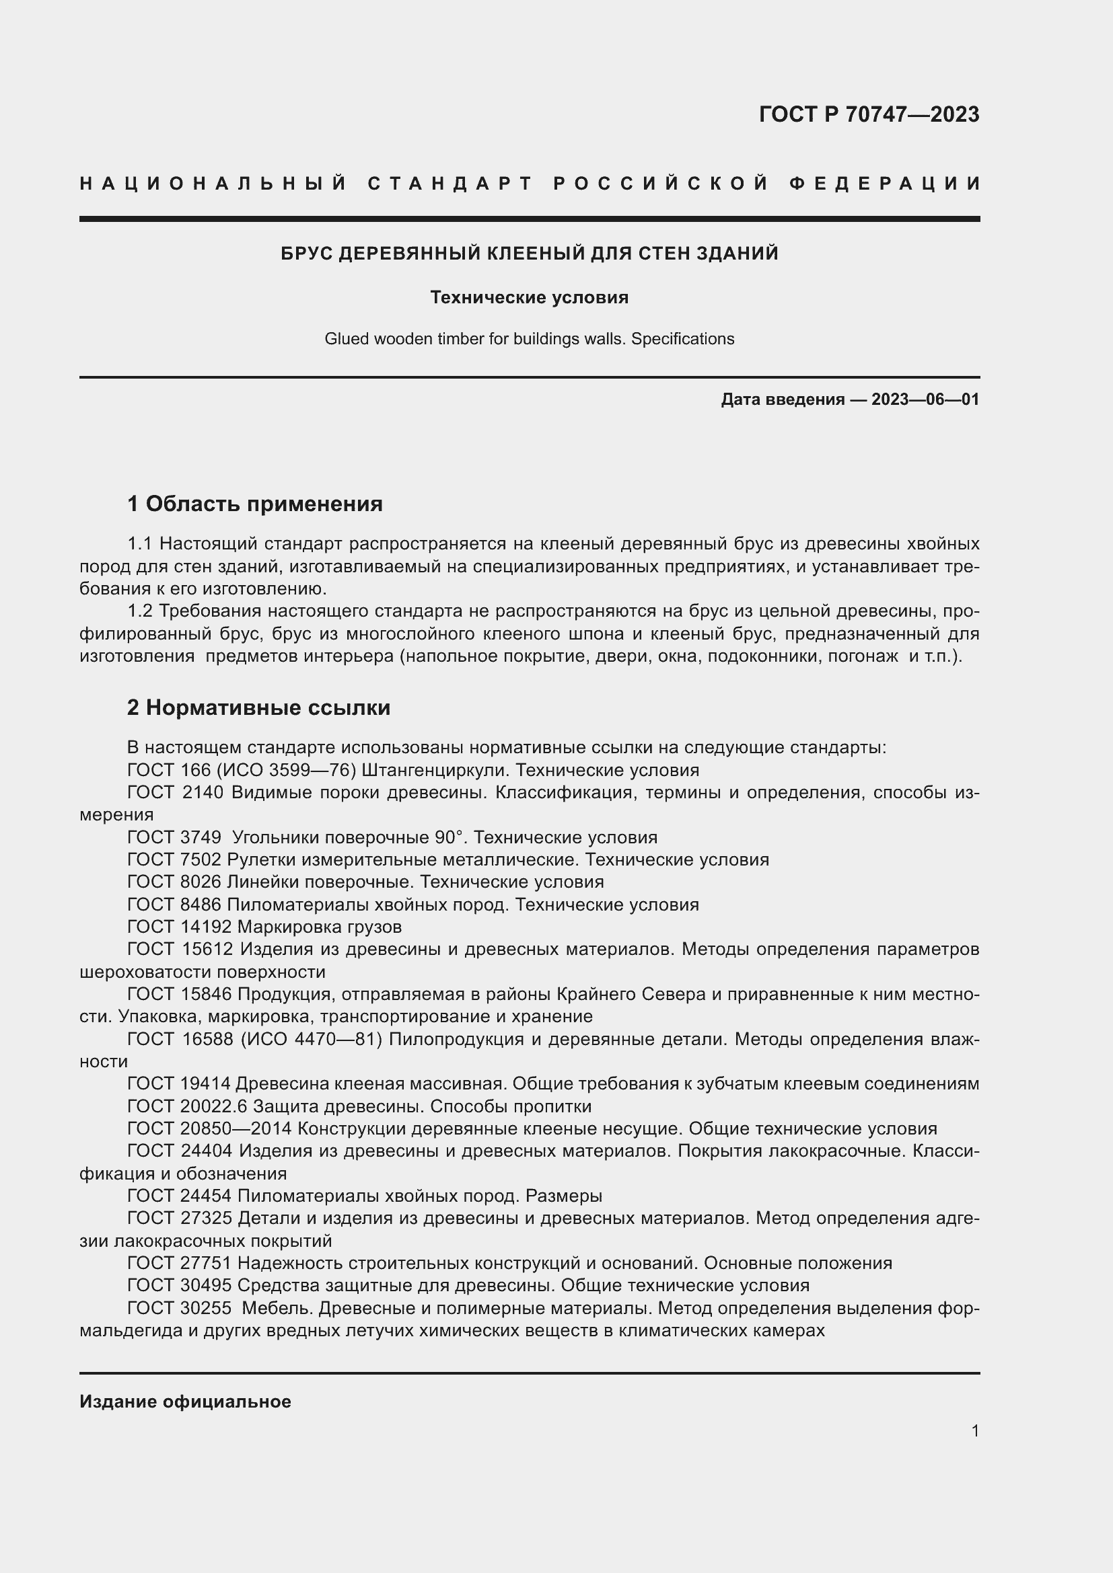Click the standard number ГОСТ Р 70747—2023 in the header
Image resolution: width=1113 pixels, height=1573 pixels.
(869, 114)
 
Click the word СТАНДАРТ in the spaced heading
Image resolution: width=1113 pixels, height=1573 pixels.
(450, 184)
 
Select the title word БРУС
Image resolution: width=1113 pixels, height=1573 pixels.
(306, 254)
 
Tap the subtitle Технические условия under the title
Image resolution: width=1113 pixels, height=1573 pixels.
(529, 297)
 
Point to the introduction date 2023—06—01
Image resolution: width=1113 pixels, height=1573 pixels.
(925, 399)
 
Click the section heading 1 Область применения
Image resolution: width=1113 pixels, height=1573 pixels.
(255, 504)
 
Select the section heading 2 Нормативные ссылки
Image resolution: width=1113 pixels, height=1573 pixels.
(258, 707)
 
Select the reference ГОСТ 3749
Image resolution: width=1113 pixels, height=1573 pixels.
(174, 837)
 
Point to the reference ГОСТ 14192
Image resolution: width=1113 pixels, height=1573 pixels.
(179, 927)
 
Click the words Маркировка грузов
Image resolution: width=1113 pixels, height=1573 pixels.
(320, 927)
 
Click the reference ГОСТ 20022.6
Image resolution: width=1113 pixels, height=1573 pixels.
(187, 1106)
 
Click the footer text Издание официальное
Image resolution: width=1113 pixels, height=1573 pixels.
(185, 1402)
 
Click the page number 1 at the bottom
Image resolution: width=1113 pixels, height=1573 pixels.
(975, 1430)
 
